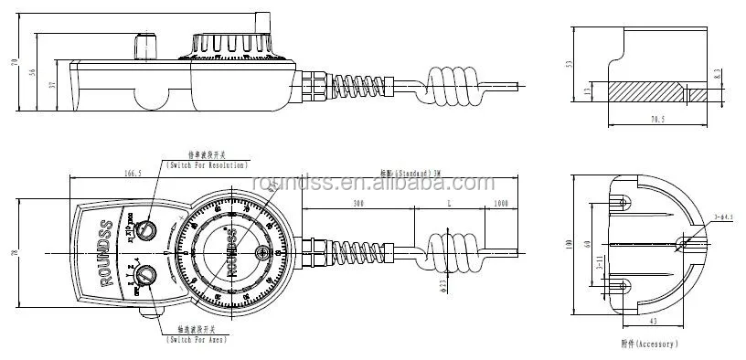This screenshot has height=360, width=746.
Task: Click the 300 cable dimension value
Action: (357, 203)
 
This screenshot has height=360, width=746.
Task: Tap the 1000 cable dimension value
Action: (500, 203)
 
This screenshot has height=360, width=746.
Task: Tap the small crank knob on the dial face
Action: (261, 253)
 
